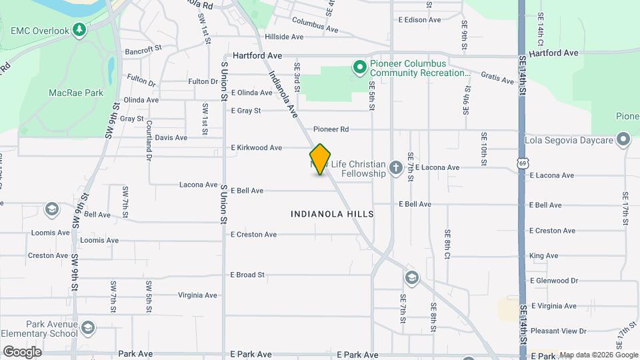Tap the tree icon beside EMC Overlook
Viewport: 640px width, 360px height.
[79, 31]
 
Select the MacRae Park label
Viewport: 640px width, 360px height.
[76, 93]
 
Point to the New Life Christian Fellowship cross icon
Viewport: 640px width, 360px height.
[395, 167]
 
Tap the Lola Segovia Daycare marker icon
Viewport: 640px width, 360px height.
[623, 140]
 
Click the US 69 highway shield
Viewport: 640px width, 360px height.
[524, 163]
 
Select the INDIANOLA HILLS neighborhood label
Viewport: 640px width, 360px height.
[332, 214]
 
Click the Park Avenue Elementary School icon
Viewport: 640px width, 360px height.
[88, 328]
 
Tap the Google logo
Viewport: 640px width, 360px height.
[22, 351]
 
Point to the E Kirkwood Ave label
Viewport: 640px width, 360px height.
[257, 147]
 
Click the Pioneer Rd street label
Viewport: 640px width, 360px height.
[331, 129]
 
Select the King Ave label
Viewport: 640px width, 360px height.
[543, 255]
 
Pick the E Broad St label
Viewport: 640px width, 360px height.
[248, 274]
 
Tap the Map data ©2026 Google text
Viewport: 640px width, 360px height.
[597, 355]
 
